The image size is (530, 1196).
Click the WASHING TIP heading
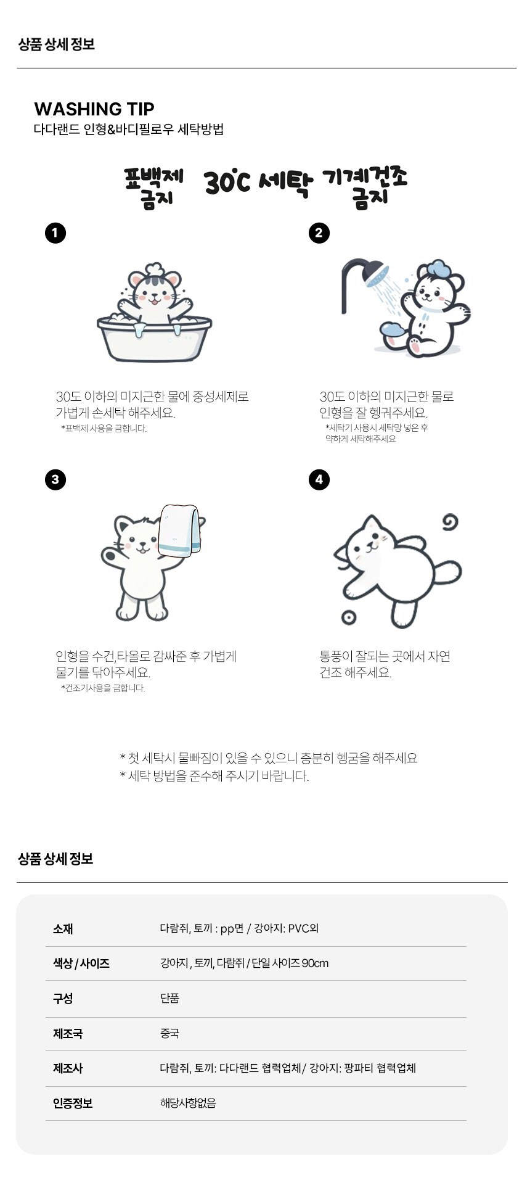[94, 109]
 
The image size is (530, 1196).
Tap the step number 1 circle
[55, 233]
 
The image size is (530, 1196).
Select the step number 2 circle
[319, 233]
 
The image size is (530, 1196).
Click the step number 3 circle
[55, 480]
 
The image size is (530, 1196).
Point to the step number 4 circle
[319, 480]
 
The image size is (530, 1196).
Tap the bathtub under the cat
[154, 339]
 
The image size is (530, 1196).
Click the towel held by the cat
[179, 530]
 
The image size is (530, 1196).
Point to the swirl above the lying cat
[450, 522]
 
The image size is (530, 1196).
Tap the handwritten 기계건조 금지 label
[365, 186]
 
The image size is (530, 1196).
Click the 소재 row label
[63, 929]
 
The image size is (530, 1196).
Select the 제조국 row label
[68, 1033]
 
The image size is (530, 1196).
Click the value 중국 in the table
[169, 1033]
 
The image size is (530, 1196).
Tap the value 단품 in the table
[169, 998]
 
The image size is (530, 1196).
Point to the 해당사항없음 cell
[188, 1103]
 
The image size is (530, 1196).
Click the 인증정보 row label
[73, 1103]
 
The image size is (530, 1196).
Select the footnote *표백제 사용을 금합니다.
[104, 429]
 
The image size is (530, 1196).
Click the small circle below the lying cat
[348, 617]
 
